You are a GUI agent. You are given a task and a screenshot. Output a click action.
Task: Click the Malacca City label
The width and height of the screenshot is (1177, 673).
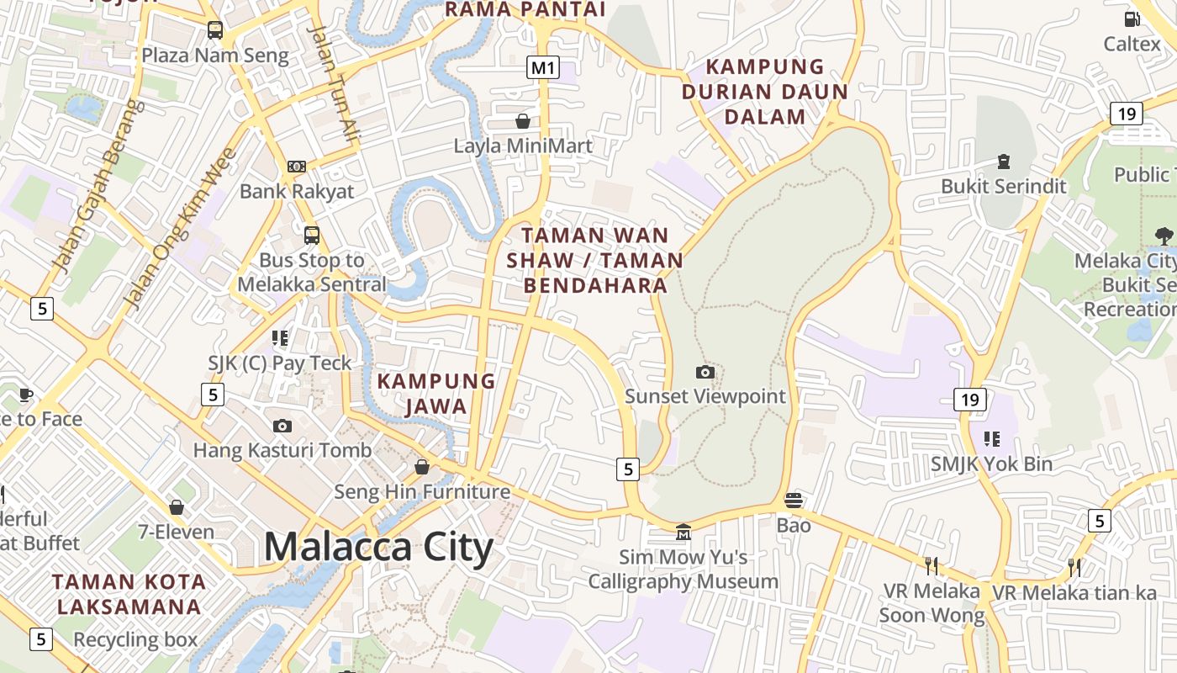378,547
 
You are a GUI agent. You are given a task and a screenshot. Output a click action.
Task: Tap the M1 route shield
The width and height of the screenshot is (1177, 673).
543,67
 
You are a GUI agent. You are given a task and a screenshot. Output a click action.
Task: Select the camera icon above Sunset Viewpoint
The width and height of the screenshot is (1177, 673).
705,372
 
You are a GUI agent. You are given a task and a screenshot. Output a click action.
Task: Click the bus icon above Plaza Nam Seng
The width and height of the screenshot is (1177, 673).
215,31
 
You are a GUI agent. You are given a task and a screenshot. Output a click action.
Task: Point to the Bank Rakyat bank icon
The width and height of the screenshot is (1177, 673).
296,167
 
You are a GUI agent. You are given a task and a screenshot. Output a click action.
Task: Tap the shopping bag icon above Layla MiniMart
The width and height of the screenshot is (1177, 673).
523,121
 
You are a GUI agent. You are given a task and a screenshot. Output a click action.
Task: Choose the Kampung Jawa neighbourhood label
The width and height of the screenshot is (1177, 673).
435,394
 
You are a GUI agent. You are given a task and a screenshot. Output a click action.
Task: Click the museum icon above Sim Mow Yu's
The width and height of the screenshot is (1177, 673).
684,533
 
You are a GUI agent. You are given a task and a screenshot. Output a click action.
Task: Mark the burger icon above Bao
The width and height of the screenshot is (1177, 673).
793,501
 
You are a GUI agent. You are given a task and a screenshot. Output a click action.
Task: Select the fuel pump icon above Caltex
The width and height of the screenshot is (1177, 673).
1132,19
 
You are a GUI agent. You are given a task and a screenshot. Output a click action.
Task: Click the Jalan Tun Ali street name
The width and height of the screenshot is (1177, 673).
334,82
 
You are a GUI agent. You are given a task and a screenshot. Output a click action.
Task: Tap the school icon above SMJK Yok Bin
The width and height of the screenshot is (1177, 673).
992,439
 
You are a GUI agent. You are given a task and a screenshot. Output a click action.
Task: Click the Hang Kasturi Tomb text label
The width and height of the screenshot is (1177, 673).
282,450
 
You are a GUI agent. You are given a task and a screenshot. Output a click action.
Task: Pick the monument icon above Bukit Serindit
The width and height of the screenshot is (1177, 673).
1003,161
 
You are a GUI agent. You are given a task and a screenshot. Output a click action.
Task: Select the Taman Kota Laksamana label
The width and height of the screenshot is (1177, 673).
129,594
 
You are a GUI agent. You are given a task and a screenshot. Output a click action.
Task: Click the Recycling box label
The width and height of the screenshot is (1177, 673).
135,639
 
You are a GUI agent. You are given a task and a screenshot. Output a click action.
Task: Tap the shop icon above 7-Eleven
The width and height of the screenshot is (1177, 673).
177,507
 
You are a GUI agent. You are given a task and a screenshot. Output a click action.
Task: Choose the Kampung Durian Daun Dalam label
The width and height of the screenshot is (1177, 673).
765,92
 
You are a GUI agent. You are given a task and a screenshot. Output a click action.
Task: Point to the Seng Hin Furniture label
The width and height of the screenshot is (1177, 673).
422,491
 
